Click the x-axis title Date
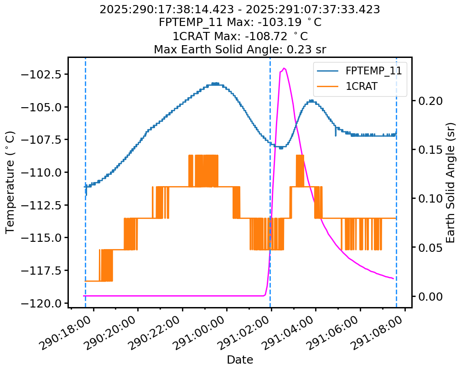click(240, 360)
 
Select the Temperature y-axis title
click(10, 182)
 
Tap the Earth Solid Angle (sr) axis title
click(451, 182)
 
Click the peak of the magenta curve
click(284, 68)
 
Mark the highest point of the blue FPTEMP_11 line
click(214, 83)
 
